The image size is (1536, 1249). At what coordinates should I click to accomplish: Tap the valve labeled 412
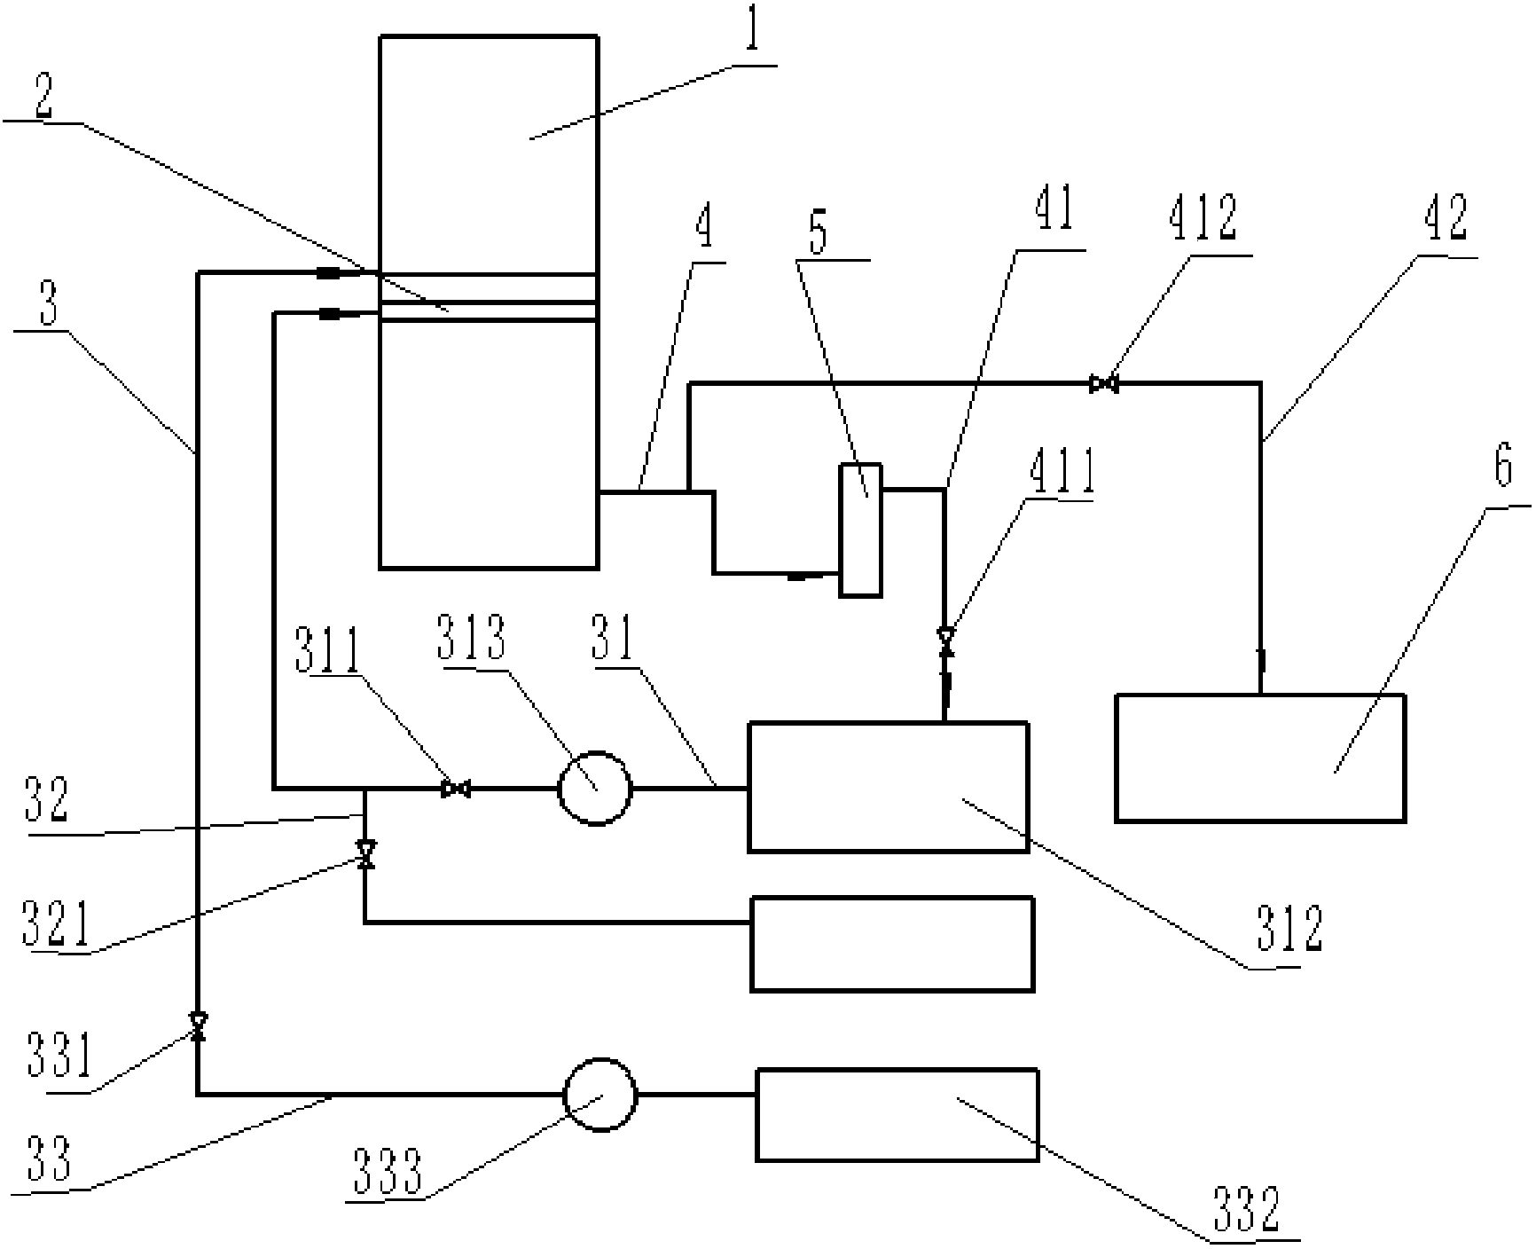pyautogui.click(x=1103, y=384)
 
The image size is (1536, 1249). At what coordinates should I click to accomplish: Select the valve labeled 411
pyautogui.click(x=945, y=637)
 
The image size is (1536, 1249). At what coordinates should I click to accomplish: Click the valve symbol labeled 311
pyautogui.click(x=456, y=788)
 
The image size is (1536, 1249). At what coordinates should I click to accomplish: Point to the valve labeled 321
pyautogui.click(x=364, y=853)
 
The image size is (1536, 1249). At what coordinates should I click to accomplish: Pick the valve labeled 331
pyautogui.click(x=198, y=1026)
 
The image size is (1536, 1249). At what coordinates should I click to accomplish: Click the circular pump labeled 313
pyautogui.click(x=595, y=788)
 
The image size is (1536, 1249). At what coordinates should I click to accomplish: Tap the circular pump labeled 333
pyautogui.click(x=600, y=1095)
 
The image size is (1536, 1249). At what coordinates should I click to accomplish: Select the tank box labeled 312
pyautogui.click(x=888, y=787)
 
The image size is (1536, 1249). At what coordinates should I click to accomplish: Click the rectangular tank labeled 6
pyautogui.click(x=1259, y=758)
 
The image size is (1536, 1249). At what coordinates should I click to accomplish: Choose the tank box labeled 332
pyautogui.click(x=896, y=1114)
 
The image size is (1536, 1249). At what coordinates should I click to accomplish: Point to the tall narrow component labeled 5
pyautogui.click(x=860, y=529)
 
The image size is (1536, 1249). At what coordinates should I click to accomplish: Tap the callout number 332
pyautogui.click(x=1243, y=1208)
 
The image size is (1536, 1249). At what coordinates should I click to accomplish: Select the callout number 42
pyautogui.click(x=1446, y=218)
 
